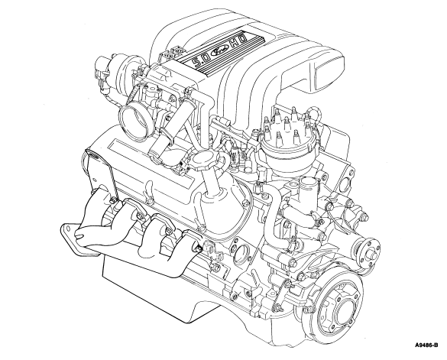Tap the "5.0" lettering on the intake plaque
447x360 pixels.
[200, 61]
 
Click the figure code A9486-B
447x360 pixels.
[426, 345]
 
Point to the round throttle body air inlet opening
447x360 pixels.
[134, 122]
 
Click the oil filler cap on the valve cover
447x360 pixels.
[206, 160]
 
